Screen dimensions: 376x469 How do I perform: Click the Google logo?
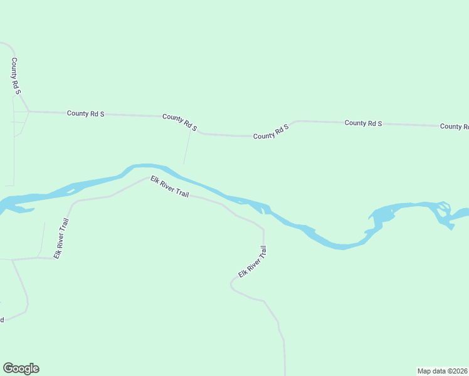tap(21, 368)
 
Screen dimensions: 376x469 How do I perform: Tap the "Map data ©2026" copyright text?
tap(442, 370)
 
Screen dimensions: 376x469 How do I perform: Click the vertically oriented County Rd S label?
tap(16, 76)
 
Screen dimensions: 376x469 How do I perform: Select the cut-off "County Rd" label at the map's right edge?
tap(454, 127)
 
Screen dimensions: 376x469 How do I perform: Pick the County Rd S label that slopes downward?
tap(180, 122)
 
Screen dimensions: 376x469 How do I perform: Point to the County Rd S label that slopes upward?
tap(271, 132)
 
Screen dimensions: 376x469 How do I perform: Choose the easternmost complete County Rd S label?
tap(364, 123)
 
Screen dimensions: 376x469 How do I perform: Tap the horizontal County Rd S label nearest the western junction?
tap(85, 113)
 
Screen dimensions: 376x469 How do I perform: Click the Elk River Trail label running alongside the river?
tap(169, 187)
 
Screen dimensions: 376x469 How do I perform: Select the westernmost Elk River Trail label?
tap(61, 239)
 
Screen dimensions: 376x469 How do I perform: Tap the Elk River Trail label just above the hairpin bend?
tap(253, 262)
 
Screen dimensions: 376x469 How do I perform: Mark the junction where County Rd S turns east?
tap(29, 112)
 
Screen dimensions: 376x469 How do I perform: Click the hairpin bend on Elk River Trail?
tap(232, 285)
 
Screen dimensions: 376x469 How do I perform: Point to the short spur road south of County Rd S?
tap(187, 148)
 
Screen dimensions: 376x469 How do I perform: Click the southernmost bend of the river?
tap(342, 246)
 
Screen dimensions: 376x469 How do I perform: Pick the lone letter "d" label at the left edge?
tap(2, 320)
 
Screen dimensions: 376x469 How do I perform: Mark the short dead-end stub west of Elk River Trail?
tap(44, 238)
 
